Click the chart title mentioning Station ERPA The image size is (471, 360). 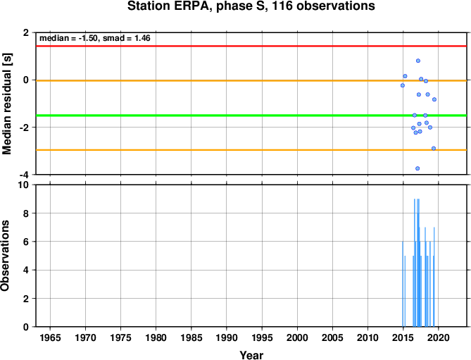click(x=251, y=6)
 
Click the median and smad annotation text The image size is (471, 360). click(x=95, y=38)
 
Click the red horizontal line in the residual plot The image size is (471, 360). click(x=251, y=46)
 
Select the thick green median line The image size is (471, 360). click(x=251, y=116)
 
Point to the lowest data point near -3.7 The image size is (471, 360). click(x=417, y=168)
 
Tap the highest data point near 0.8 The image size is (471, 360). click(x=418, y=61)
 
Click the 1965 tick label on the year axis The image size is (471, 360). click(x=50, y=337)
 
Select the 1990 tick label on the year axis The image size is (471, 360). click(x=227, y=337)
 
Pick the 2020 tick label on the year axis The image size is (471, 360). click(x=439, y=337)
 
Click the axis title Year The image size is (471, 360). click(x=251, y=355)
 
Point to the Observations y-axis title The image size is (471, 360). click(x=5, y=256)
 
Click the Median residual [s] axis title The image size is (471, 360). click(x=6, y=104)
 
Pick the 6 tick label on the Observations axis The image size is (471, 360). click(x=27, y=242)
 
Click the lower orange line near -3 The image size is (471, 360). click(x=251, y=149)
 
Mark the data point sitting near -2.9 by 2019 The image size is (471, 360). click(x=434, y=149)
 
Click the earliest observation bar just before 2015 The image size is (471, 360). click(x=403, y=284)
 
